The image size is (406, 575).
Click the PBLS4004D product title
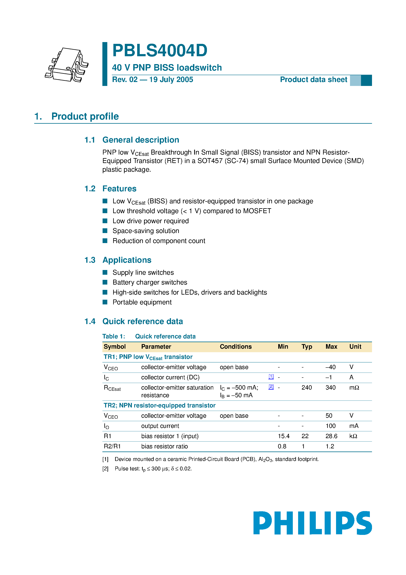(x=160, y=51)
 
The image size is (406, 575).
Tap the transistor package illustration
(x=67, y=65)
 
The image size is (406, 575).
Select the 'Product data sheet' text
(x=313, y=80)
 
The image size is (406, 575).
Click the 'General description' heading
(x=141, y=140)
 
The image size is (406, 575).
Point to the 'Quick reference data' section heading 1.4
(x=142, y=321)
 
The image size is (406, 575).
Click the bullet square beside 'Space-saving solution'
(x=105, y=231)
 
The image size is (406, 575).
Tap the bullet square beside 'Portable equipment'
(x=105, y=302)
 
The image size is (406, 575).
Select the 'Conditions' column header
(x=236, y=347)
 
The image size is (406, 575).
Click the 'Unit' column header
(x=355, y=347)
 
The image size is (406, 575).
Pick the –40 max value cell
(x=330, y=367)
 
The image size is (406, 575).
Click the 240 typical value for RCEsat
(x=307, y=388)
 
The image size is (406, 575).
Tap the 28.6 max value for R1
(x=331, y=436)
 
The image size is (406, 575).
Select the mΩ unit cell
(x=354, y=388)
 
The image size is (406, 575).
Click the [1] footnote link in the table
(x=271, y=376)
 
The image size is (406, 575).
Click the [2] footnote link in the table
(x=271, y=387)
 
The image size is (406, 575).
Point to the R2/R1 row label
(x=112, y=446)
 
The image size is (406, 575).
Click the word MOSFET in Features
(x=257, y=211)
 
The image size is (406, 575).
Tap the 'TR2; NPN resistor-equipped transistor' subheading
(x=159, y=405)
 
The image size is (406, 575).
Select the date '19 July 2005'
(x=171, y=80)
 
